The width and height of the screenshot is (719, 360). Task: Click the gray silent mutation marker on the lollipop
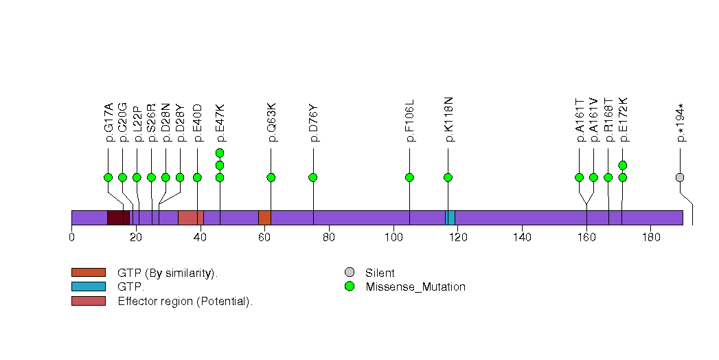(680, 177)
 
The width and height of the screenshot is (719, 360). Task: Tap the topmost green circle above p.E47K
(220, 153)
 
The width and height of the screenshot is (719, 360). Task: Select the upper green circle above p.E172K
(622, 165)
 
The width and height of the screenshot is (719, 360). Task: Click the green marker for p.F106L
(410, 177)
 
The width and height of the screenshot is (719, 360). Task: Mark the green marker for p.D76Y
(313, 177)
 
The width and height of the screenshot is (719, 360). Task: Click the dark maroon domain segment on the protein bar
(118, 218)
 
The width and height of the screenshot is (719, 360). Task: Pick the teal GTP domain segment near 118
(450, 218)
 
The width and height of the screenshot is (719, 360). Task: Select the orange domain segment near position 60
(264, 218)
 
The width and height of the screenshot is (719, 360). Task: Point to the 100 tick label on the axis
(393, 238)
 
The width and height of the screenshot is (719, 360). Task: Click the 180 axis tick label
(650, 238)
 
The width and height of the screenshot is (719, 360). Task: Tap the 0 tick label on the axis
(71, 238)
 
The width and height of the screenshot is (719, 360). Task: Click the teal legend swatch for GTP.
(89, 286)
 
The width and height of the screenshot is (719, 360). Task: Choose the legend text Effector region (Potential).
(185, 301)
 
